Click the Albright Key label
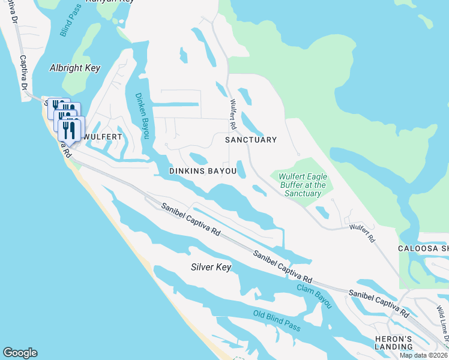click(74, 68)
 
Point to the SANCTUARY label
click(250, 140)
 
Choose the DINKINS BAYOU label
click(202, 171)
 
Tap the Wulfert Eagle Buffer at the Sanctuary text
click(303, 185)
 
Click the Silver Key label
click(211, 266)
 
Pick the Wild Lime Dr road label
click(442, 325)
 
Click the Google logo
click(20, 353)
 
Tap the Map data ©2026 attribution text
click(424, 355)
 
